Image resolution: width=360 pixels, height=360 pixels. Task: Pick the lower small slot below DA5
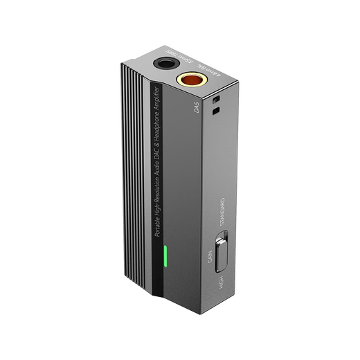(216, 109)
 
